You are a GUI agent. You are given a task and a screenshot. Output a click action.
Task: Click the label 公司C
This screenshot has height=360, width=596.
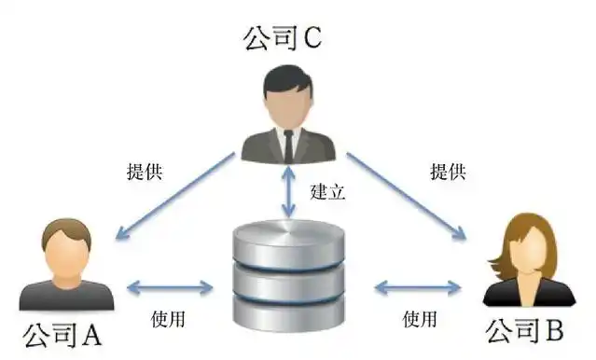tap(282, 36)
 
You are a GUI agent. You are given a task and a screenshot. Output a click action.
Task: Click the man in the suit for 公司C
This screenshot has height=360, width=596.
tap(288, 117)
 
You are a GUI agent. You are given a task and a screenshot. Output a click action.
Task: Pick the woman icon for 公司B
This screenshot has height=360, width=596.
tap(526, 260)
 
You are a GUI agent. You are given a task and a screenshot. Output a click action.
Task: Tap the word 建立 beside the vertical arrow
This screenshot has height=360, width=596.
tap(327, 193)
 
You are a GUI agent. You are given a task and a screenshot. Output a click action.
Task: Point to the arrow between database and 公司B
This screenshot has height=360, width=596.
tap(419, 287)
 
